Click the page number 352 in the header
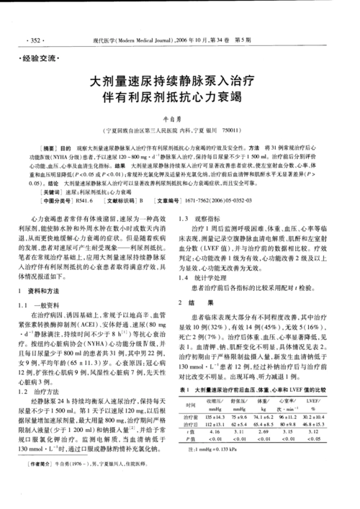pyautogui.click(x=32, y=37)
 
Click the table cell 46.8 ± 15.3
pyautogui.click(x=318, y=423)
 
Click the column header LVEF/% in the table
pyautogui.click(x=318, y=399)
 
